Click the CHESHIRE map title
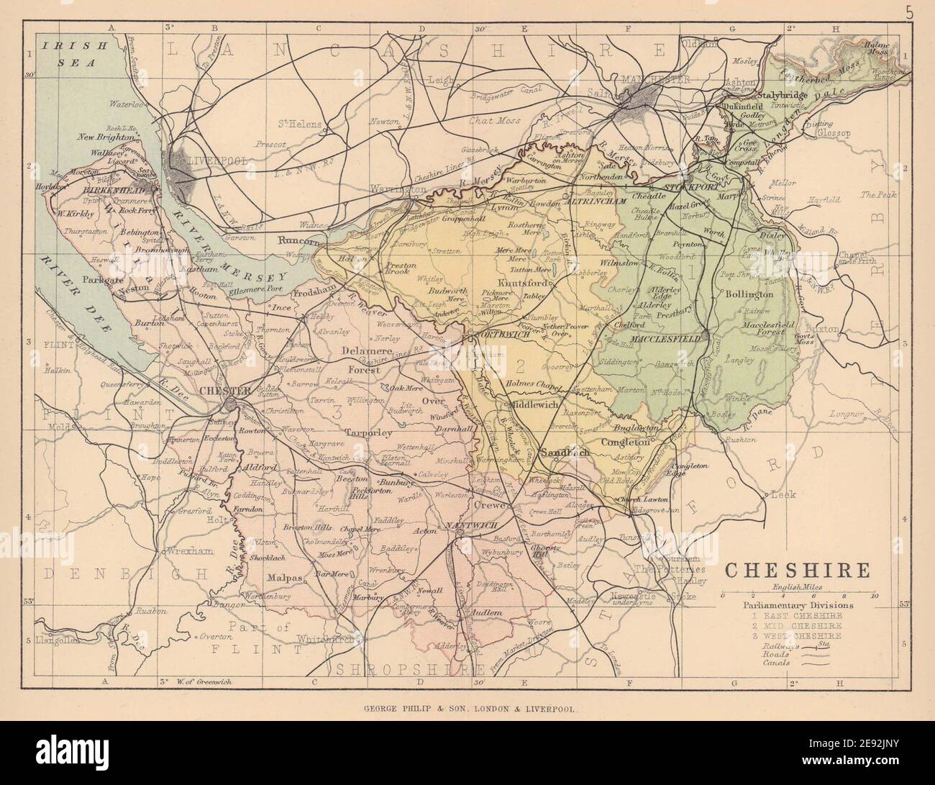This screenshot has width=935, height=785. pos(798,571)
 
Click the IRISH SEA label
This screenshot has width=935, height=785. pos(69,54)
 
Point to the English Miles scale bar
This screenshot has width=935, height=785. pos(798,595)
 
